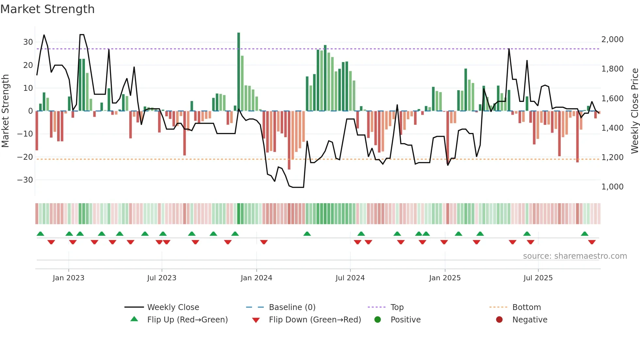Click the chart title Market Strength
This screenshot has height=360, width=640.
[x=47, y=9]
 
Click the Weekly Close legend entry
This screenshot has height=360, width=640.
[x=173, y=307]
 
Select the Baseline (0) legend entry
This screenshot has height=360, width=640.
[x=292, y=307]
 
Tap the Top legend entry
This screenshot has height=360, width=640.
[x=397, y=307]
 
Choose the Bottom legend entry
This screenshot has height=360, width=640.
[x=526, y=307]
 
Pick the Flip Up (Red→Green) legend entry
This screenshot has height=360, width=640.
[x=187, y=319]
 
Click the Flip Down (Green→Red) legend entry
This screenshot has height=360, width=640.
[x=315, y=319]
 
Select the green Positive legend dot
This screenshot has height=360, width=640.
[x=378, y=319]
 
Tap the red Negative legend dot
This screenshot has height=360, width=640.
[x=499, y=319]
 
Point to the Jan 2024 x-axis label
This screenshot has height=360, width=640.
[x=256, y=278]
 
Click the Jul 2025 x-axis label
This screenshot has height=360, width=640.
[x=538, y=278]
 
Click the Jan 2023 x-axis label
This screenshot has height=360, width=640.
[x=69, y=278]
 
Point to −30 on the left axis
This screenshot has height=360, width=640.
[x=25, y=180]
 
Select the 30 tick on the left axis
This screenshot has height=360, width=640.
[x=28, y=42]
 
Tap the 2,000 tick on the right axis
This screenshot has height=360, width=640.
[x=612, y=39]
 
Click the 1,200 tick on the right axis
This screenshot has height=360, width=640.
[x=612, y=157]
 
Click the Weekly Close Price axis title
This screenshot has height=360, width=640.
[x=634, y=111]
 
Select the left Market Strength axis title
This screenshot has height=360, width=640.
[x=5, y=111]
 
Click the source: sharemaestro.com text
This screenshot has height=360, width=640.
[x=575, y=256]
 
